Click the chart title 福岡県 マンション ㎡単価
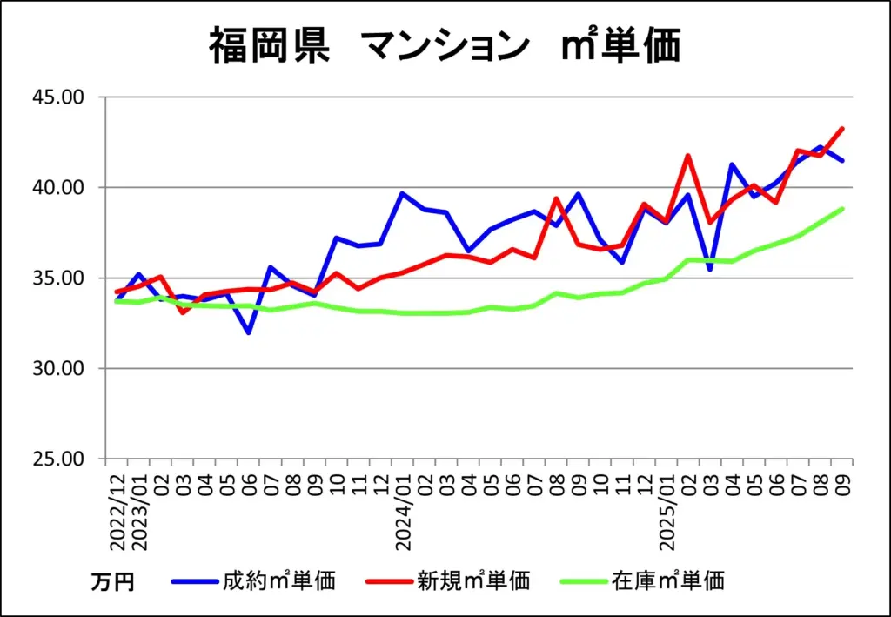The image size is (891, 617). (444, 45)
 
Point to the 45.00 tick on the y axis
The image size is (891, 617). (58, 97)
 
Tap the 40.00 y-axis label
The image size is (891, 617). (58, 187)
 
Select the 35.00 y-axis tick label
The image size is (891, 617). (58, 278)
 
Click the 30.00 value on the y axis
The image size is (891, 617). (58, 368)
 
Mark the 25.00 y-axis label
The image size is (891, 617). (58, 459)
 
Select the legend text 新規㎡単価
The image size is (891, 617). (473, 580)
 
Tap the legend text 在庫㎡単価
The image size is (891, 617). (667, 580)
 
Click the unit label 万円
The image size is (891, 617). (112, 582)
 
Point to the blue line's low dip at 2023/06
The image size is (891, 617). (249, 332)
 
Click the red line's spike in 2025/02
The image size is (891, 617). (688, 156)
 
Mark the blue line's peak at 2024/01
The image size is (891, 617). (402, 193)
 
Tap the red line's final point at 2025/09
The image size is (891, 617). (842, 129)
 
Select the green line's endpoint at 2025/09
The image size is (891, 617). (842, 209)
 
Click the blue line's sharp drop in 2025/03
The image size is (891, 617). (710, 270)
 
